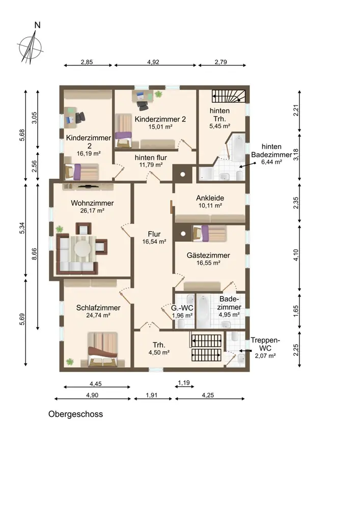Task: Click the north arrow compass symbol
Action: click(x=30, y=45)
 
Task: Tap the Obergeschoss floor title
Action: click(x=76, y=414)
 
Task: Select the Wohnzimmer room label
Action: click(x=92, y=203)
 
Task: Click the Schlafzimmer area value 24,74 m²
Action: click(x=98, y=315)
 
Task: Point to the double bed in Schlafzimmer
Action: click(x=102, y=349)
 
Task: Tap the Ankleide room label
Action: click(x=210, y=198)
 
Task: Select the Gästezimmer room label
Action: click(x=208, y=256)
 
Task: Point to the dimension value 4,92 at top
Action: click(x=153, y=62)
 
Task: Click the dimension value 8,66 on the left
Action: click(x=34, y=254)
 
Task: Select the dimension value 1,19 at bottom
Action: click(x=184, y=383)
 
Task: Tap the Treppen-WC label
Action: click(x=265, y=344)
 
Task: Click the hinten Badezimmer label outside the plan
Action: click(x=271, y=151)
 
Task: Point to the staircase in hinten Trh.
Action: click(x=229, y=96)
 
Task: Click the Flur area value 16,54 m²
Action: click(x=154, y=241)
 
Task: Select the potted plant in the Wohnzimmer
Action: click(x=60, y=229)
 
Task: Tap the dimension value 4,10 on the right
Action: click(x=296, y=255)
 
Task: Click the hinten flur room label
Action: click(x=151, y=157)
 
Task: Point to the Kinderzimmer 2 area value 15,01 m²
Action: click(x=160, y=127)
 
